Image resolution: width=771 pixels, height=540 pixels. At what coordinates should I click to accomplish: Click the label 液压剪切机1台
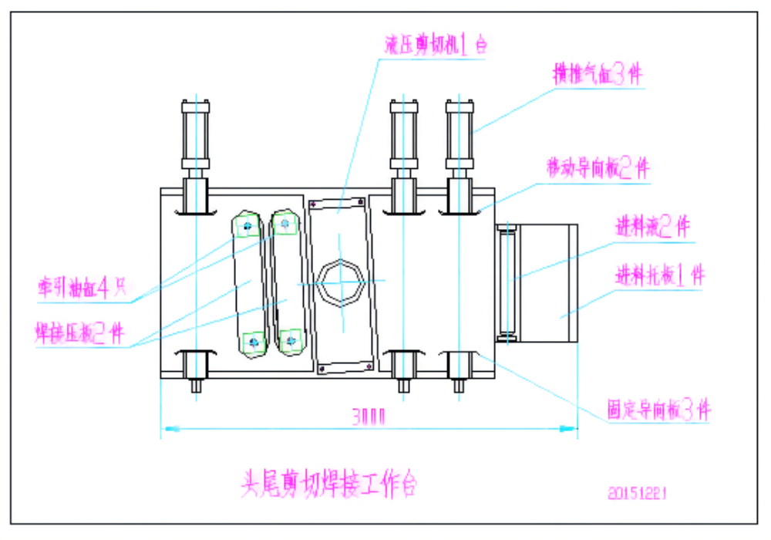pyautogui.click(x=436, y=45)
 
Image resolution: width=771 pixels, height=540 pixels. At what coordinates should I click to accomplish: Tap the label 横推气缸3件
pyautogui.click(x=598, y=75)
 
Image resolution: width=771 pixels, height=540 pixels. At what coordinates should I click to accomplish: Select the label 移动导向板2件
pyautogui.click(x=598, y=168)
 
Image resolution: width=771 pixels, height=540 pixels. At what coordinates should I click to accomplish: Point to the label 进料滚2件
pyautogui.click(x=651, y=228)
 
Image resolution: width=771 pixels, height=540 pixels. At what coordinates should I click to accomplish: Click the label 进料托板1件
pyautogui.click(x=659, y=275)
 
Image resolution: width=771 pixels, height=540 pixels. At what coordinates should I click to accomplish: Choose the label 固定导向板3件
pyautogui.click(x=657, y=410)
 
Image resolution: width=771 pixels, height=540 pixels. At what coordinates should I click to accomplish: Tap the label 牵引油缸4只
pyautogui.click(x=82, y=288)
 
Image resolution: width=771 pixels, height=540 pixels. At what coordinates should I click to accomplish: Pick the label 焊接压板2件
pyautogui.click(x=79, y=332)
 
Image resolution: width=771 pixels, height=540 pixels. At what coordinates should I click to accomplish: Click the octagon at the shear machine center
pyautogui.click(x=339, y=282)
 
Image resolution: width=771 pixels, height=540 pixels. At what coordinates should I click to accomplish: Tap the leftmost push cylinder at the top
pyautogui.click(x=195, y=135)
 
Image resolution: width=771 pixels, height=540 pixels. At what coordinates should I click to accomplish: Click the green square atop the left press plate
pyautogui.click(x=247, y=225)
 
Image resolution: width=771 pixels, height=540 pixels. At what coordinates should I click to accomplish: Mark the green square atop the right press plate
pyautogui.click(x=284, y=224)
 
